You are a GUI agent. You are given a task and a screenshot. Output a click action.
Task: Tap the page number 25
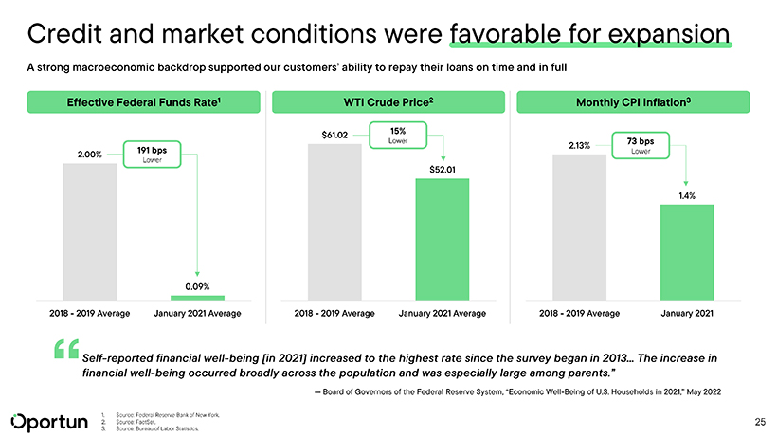(759, 420)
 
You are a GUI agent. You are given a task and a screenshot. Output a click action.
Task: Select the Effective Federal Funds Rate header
(144, 101)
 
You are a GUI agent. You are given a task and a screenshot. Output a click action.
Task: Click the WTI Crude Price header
(388, 101)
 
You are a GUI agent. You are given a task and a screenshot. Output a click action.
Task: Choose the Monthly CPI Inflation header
(632, 101)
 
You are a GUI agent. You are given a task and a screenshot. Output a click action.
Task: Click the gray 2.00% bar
(90, 231)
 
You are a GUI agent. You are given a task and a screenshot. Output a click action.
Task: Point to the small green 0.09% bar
(197, 298)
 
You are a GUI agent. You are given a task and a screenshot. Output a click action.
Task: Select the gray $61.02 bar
(334, 222)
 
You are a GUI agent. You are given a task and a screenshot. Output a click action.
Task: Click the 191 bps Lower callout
(151, 154)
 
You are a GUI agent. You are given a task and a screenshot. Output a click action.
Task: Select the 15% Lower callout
(398, 137)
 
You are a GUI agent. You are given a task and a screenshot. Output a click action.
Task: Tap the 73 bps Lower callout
(641, 146)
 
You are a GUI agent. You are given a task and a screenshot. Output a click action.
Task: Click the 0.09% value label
(197, 285)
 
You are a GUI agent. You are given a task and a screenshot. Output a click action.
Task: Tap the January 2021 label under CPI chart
(687, 313)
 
